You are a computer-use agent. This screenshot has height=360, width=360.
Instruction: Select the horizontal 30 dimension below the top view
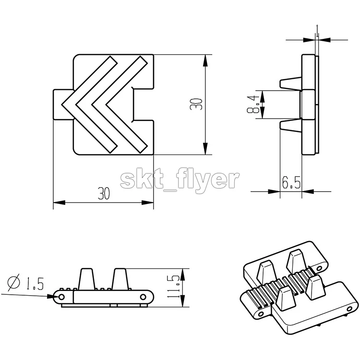coord(104,193)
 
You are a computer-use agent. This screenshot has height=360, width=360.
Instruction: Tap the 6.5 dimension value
coord(291,182)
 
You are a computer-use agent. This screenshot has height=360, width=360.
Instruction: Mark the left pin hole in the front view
coord(61,297)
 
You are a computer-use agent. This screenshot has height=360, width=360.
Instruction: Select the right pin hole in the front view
coord(143,297)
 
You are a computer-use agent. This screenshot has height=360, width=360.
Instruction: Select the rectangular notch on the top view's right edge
coord(143,104)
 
